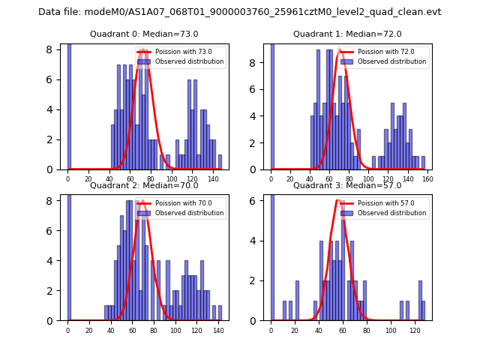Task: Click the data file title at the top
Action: coord(240,12)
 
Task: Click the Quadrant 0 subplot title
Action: coord(144,34)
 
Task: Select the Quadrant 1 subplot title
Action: coord(347,34)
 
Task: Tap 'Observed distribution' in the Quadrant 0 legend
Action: coord(194,61)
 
